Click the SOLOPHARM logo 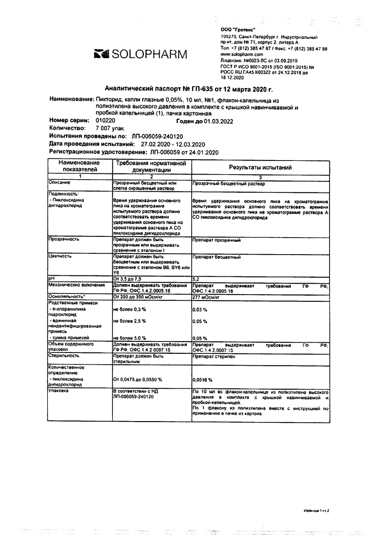(x=140, y=54)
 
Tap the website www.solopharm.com (x=242, y=55)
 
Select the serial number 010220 (x=106, y=120)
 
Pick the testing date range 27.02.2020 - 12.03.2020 (x=173, y=144)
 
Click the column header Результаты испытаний (x=261, y=168)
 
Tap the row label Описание (x=59, y=182)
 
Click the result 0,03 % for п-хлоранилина (x=200, y=310)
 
